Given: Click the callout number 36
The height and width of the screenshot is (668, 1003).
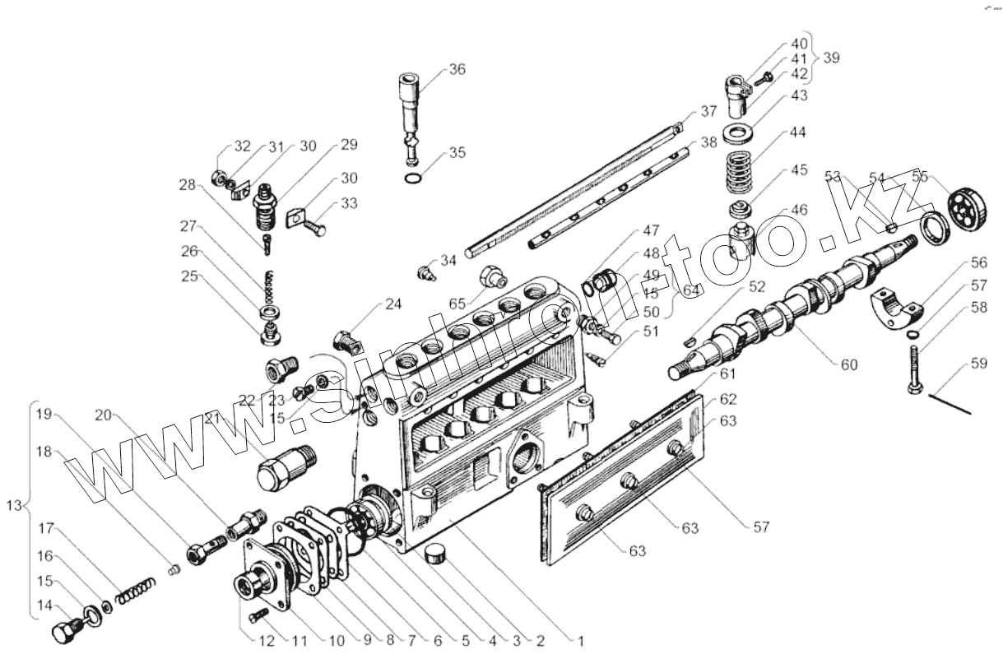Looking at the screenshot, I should click(457, 69).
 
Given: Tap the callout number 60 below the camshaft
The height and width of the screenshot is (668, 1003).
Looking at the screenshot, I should click(847, 364).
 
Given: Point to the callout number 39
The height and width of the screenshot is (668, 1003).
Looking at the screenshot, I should click(831, 58).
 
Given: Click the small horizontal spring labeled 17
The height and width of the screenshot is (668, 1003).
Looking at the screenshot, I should click(136, 590).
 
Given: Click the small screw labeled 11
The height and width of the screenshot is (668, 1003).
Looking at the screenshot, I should click(258, 614).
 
